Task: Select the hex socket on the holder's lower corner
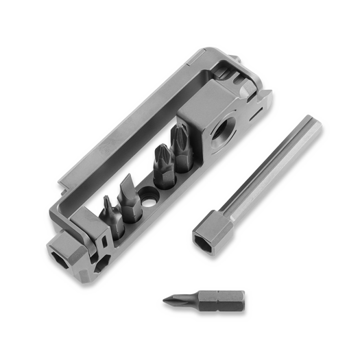pyautogui.click(x=59, y=252)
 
